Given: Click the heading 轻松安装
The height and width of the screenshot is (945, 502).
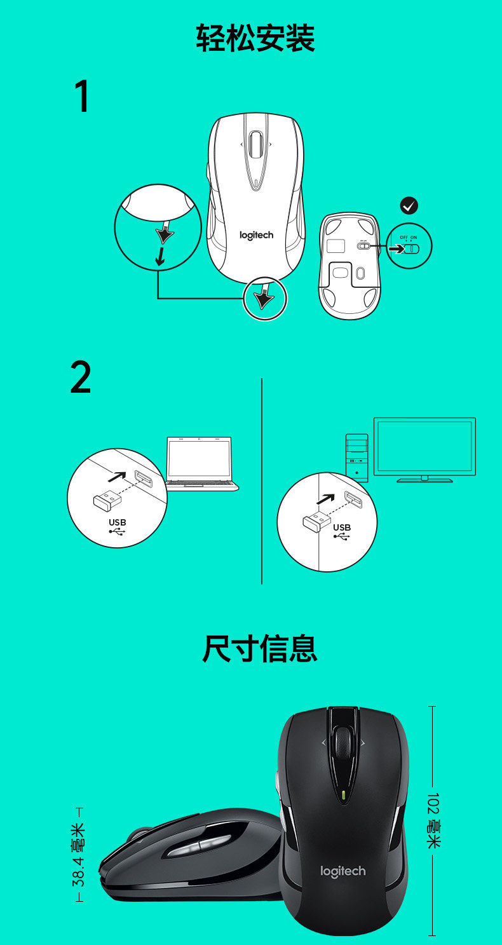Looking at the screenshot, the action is pyautogui.click(x=255, y=38).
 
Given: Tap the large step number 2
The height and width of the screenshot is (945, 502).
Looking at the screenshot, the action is pyautogui.click(x=81, y=378).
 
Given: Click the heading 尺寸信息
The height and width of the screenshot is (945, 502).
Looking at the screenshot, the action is pyautogui.click(x=259, y=648).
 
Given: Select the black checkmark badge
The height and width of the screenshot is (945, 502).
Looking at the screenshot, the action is pyautogui.click(x=409, y=205).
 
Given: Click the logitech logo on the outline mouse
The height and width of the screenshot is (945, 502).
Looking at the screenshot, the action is pyautogui.click(x=256, y=235).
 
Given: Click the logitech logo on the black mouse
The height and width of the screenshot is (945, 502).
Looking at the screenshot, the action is pyautogui.click(x=343, y=871).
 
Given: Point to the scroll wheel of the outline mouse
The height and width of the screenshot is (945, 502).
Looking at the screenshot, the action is pyautogui.click(x=256, y=146).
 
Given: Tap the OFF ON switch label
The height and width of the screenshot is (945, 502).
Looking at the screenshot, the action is pyautogui.click(x=409, y=237).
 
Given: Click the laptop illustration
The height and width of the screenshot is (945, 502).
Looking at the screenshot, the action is pyautogui.click(x=200, y=464).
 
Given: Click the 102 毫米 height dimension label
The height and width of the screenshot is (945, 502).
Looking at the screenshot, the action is pyautogui.click(x=433, y=820).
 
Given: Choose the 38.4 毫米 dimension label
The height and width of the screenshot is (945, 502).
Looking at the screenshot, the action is pyautogui.click(x=79, y=855).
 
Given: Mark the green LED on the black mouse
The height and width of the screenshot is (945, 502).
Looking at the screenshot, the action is pyautogui.click(x=343, y=794).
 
